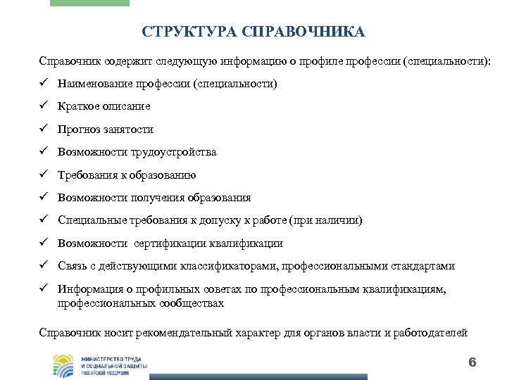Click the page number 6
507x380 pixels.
(472, 362)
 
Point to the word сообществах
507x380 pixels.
(191, 303)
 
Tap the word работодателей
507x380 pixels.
(428, 333)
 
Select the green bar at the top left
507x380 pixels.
(90, 3)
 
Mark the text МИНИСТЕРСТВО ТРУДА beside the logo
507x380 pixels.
(113, 357)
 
